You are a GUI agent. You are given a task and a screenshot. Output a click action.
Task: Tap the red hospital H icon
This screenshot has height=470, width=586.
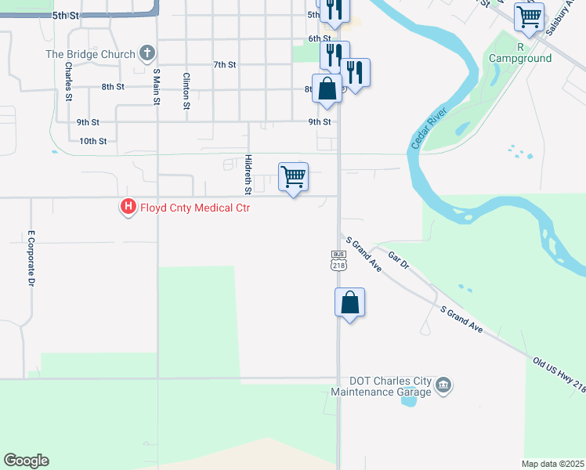pyautogui.click(x=127, y=208)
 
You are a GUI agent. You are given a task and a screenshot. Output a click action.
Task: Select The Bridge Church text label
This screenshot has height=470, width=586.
pyautogui.click(x=90, y=54)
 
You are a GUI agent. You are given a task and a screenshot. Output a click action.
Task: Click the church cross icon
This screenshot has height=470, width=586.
pyautogui.click(x=146, y=54)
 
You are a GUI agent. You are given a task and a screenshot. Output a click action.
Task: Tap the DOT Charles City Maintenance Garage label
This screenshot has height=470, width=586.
pyautogui.click(x=382, y=386)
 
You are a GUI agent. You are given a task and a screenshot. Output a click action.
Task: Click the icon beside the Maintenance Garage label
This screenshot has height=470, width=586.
pyautogui.click(x=443, y=385)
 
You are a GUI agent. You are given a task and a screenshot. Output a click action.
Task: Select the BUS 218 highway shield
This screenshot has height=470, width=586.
pyautogui.click(x=338, y=261)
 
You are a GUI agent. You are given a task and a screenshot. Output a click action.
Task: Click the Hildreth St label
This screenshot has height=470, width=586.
pyautogui.click(x=248, y=174)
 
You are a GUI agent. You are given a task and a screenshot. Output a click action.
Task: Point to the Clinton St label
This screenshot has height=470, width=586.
pyautogui.click(x=186, y=90)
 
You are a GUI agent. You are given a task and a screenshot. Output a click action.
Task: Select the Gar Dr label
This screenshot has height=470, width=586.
pyautogui.click(x=399, y=261)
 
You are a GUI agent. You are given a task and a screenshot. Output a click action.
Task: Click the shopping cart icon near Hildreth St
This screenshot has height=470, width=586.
pyautogui.click(x=293, y=177)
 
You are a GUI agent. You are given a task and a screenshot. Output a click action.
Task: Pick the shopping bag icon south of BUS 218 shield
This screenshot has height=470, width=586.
pyautogui.click(x=350, y=302)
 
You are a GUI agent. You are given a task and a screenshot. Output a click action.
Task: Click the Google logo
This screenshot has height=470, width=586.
pyautogui.click(x=26, y=461)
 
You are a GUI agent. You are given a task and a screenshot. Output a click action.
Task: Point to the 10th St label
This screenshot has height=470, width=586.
pyautogui.click(x=92, y=141)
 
